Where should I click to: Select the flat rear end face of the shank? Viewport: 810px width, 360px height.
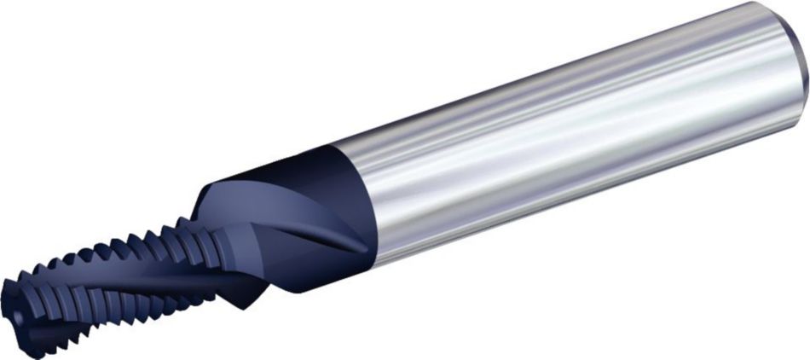point(805,51)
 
